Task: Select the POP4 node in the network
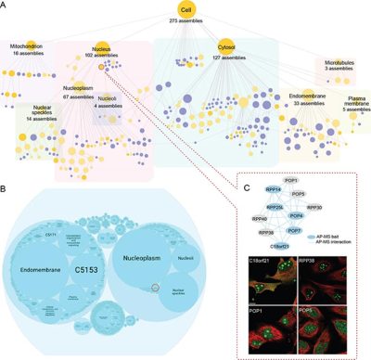(x=296, y=214)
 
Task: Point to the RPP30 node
(x=313, y=207)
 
